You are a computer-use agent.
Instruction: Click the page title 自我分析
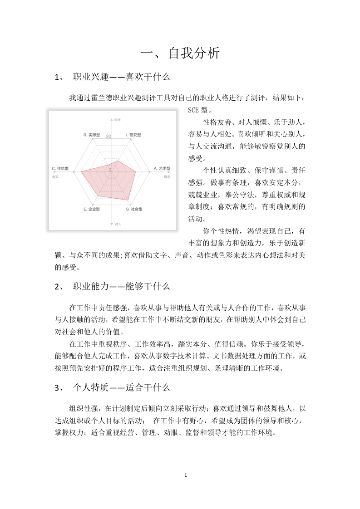[180, 54]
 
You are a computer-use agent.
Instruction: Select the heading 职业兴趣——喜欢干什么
[121, 77]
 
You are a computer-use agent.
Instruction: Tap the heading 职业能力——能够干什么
[121, 286]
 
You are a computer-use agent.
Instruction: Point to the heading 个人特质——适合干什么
[121, 387]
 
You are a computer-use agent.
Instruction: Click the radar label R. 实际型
[92, 135]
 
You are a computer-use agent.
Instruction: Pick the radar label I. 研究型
[133, 135]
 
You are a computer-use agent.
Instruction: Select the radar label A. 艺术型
[162, 168]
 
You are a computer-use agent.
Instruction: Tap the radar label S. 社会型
[134, 209]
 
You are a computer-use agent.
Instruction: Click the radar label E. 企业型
[92, 209]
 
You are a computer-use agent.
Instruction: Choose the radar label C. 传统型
[60, 168]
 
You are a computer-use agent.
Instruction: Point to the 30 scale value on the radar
[108, 136]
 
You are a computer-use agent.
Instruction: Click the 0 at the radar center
[109, 170]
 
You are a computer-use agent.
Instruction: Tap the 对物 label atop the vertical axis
[117, 120]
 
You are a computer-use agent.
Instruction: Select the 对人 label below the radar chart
[118, 225]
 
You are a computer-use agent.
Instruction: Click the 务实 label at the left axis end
[55, 176]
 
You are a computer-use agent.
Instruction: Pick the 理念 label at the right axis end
[167, 176]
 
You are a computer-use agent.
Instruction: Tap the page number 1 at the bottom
[186, 475]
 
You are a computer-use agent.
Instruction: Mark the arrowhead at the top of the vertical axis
[112, 120]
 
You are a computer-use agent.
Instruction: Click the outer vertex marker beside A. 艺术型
[150, 172]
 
